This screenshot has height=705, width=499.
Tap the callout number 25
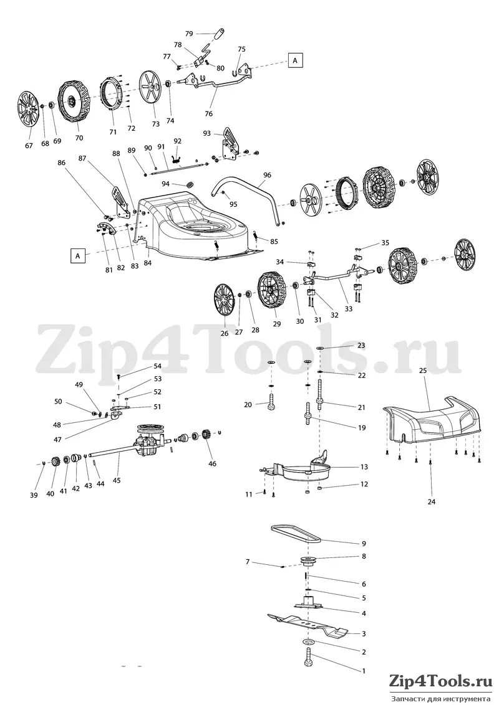pos(422,371)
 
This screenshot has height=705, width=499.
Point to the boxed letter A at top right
pos(295,60)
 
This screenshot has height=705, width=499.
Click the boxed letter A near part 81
pos(78,255)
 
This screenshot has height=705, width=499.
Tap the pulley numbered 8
pos(309,561)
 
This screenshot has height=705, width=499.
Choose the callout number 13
pos(364,466)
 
